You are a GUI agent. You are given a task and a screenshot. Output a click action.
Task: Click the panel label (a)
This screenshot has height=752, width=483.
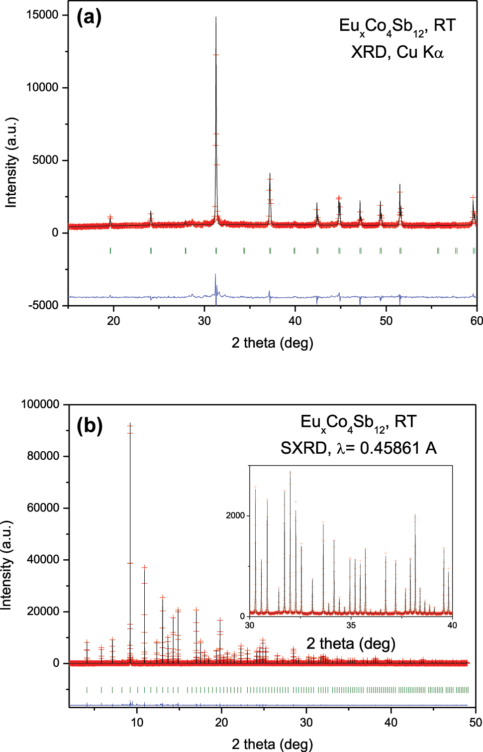(89, 17)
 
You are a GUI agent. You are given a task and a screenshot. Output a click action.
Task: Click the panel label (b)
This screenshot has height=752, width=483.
(90, 426)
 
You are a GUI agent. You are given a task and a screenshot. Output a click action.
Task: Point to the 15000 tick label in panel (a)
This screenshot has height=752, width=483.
(42, 15)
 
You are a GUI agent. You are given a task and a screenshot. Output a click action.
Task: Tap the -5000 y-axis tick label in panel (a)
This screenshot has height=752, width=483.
(43, 305)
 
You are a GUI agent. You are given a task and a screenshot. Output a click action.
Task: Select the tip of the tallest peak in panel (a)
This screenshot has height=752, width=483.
(216, 17)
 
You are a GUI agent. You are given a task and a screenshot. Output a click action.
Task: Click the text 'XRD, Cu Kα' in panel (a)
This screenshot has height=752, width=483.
(397, 52)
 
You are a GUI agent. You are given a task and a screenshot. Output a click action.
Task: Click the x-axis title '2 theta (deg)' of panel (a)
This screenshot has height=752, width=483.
(272, 343)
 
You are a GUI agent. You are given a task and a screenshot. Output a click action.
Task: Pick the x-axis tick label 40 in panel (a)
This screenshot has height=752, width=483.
(295, 321)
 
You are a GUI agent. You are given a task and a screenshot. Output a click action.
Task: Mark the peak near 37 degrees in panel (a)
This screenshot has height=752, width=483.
(270, 174)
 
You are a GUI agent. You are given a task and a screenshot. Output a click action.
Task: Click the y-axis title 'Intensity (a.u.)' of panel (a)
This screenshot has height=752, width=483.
(11, 162)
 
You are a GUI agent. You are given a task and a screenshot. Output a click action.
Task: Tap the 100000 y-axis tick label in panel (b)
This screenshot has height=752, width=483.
(40, 404)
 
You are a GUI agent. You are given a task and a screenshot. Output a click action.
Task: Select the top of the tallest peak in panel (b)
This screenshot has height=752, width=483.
(130, 424)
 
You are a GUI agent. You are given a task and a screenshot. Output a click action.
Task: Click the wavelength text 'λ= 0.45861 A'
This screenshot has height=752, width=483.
(386, 448)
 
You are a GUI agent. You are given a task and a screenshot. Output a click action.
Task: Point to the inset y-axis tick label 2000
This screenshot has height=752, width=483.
(235, 515)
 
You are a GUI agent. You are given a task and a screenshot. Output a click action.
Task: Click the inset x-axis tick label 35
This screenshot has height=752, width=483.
(351, 625)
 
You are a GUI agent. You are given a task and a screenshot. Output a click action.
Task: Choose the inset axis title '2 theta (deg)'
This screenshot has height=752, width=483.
(351, 643)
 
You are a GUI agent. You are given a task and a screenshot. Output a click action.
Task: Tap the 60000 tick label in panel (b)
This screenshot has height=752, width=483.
(43, 507)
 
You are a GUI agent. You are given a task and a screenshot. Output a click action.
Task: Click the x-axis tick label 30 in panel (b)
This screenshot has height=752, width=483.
(306, 722)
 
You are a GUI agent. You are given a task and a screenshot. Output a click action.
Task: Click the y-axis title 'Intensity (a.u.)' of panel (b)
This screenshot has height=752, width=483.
(6, 565)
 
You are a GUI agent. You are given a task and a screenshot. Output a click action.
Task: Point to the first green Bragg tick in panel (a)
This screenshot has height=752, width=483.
(110, 251)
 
